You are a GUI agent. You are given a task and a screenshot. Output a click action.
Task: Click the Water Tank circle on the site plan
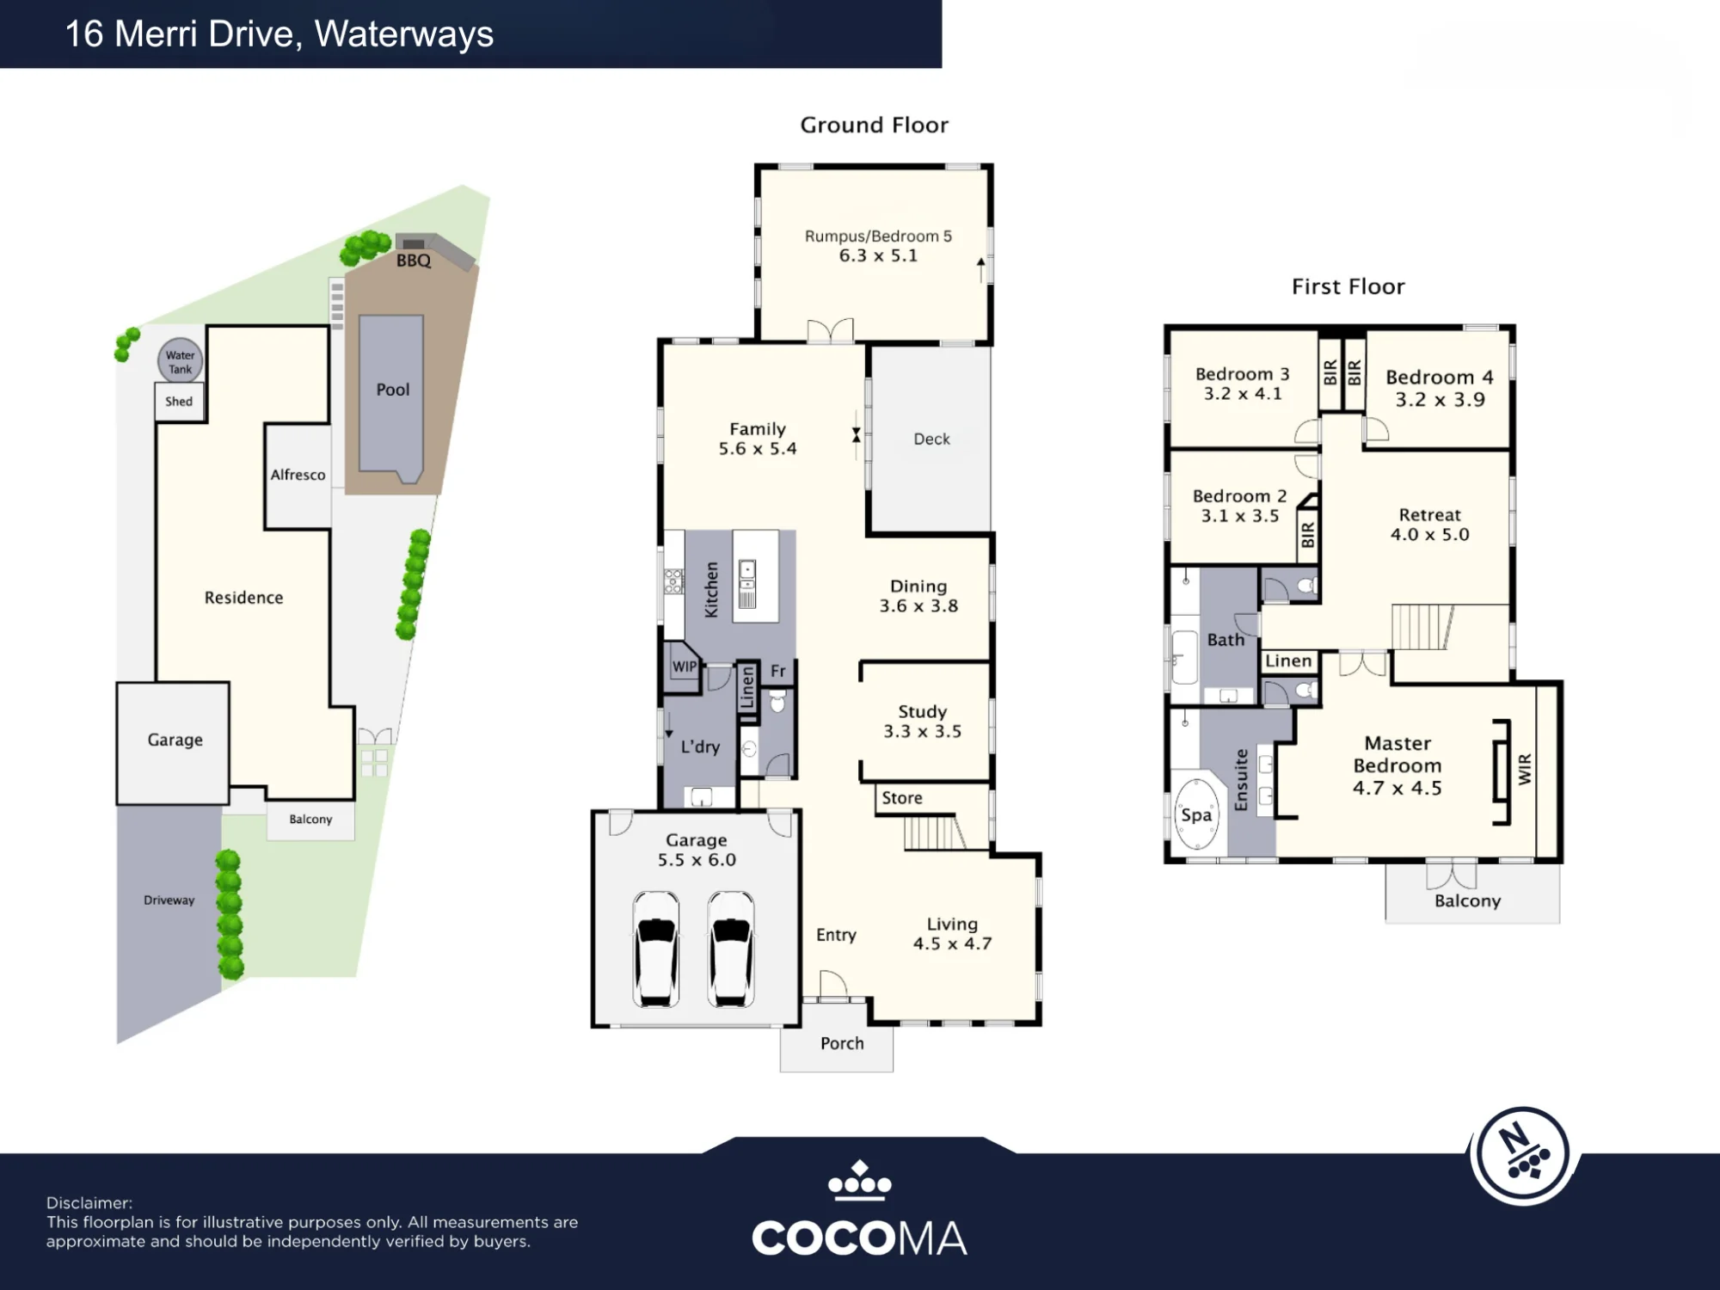click(x=180, y=360)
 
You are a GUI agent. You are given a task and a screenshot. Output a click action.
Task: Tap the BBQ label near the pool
click(x=414, y=261)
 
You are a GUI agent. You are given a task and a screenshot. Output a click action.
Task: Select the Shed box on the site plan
click(x=180, y=402)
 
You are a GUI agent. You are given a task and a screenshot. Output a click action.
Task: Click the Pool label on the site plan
click(x=393, y=390)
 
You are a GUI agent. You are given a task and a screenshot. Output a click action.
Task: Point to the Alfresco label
click(x=298, y=475)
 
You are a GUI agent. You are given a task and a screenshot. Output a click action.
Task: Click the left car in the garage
click(x=656, y=949)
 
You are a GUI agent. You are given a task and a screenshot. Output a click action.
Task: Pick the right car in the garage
click(x=731, y=949)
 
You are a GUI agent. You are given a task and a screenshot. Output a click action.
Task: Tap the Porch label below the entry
click(x=842, y=1043)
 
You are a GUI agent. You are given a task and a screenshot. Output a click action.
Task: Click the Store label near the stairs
click(x=902, y=798)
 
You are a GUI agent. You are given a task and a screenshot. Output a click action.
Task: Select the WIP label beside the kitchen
click(x=685, y=666)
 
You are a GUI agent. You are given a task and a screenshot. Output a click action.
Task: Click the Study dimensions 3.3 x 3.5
click(x=923, y=732)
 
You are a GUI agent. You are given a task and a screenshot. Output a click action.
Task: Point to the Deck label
click(x=932, y=439)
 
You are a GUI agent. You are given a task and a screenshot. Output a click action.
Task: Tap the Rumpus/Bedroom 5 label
click(x=878, y=236)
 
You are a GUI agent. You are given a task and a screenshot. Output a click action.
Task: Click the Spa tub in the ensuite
click(x=1197, y=814)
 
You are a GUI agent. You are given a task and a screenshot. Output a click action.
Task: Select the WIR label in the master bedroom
click(x=1525, y=769)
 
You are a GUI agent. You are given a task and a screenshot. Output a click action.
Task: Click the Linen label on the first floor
click(x=1288, y=661)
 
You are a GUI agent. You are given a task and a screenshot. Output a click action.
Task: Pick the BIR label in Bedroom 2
click(x=1308, y=535)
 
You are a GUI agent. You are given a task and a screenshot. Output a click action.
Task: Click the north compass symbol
click(x=1523, y=1155)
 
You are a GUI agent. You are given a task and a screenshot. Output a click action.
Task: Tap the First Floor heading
click(x=1348, y=286)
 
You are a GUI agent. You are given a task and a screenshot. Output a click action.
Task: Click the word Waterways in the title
click(x=404, y=34)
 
